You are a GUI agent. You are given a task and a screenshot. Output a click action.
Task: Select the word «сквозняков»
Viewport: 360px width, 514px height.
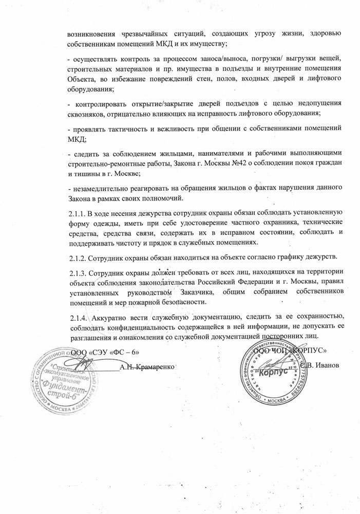(x=87, y=113)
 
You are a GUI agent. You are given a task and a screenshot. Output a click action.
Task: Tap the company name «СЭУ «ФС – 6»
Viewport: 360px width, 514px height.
(x=110, y=353)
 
